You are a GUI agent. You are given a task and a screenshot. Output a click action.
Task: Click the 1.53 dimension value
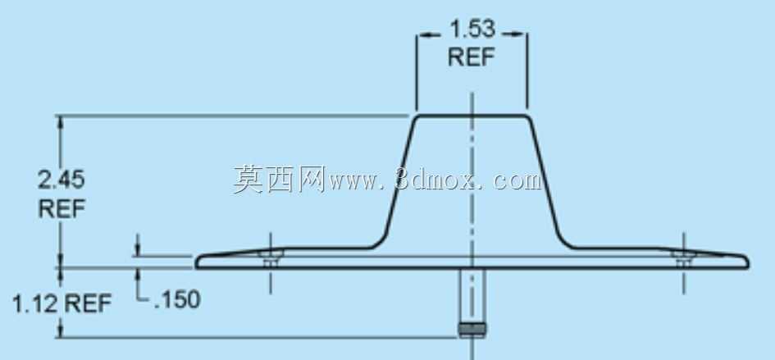472,30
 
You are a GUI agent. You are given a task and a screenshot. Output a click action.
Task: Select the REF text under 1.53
472,57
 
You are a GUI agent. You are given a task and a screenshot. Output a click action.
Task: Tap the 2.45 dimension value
62,180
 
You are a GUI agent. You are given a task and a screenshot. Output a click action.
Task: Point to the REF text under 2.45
62,209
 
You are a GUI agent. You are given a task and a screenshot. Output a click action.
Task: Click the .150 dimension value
176,300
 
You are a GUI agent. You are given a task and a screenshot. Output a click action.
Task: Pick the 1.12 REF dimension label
62,303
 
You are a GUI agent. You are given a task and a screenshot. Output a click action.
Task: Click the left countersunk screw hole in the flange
271,258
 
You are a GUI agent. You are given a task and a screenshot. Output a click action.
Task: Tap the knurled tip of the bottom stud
472,330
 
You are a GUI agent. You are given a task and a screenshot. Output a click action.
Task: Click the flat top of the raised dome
472,116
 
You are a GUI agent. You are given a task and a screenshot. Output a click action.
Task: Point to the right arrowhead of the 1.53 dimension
520,34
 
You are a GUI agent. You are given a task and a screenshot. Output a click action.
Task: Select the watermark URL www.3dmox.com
434,180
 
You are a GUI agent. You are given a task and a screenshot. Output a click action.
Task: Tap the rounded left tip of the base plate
198,262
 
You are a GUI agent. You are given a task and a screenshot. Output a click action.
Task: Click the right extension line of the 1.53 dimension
527,71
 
